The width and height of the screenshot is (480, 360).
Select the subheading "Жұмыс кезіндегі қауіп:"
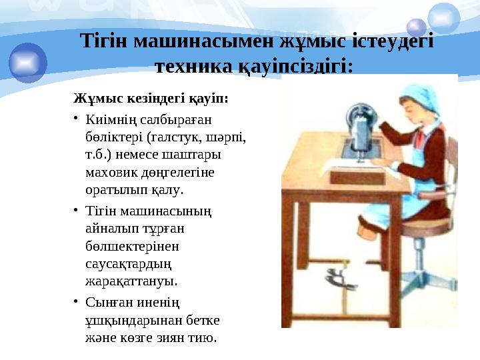(150, 99)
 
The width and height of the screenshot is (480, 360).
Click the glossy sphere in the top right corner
(444, 16)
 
